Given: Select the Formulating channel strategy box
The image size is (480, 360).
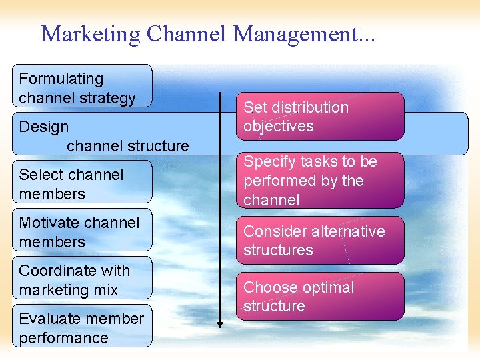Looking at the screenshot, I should (82, 87).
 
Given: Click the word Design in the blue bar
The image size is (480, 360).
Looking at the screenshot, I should (44, 127).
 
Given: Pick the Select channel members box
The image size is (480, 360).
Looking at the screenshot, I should (82, 183).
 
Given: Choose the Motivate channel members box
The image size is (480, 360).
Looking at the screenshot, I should (82, 231).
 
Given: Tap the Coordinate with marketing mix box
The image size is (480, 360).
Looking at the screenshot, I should (82, 279).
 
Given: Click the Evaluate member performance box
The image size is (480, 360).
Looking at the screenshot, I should (82, 327).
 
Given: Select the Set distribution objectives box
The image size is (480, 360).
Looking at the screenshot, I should (321, 116).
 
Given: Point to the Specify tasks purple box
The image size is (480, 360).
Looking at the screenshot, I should (321, 180).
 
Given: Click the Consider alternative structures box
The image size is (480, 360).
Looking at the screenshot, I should (321, 240).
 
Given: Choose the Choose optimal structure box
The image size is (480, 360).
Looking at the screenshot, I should (321, 296).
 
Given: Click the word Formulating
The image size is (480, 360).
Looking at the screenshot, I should (61, 79).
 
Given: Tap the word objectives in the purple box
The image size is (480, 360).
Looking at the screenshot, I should (279, 126).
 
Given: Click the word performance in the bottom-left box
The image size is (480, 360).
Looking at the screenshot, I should (63, 337).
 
